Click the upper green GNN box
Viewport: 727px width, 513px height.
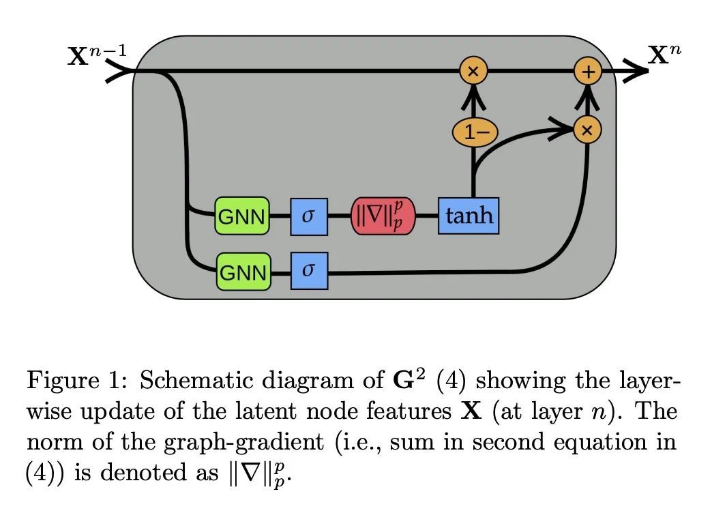click(x=242, y=216)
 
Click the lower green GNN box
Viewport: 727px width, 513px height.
click(x=243, y=272)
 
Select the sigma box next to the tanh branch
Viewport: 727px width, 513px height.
click(x=309, y=216)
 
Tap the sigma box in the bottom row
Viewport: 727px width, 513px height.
click(x=309, y=271)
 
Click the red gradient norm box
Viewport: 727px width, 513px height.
click(x=382, y=216)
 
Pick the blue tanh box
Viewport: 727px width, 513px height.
click(x=468, y=216)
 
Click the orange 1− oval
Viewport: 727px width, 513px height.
click(x=473, y=132)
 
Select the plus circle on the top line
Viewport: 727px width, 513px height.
click(x=587, y=71)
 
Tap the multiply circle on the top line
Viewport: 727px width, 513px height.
click(x=473, y=71)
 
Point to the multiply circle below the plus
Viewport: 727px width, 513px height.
click(x=587, y=128)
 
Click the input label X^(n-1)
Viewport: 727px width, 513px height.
click(x=96, y=55)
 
